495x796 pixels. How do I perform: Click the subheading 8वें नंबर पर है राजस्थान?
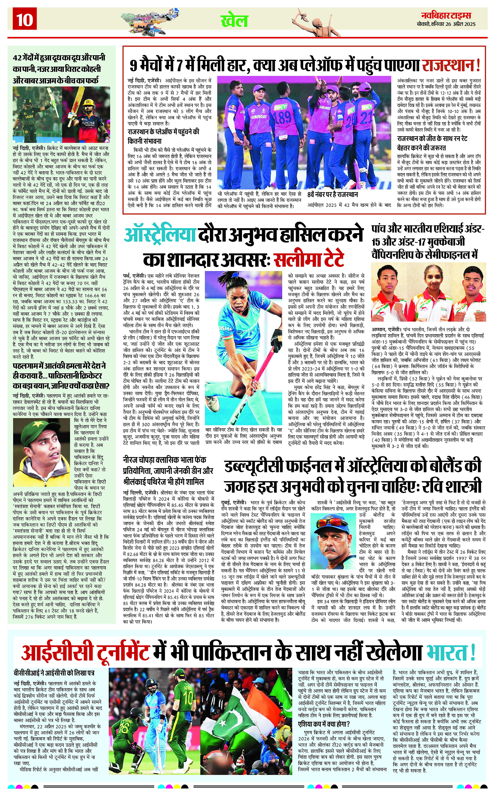(332, 195)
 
